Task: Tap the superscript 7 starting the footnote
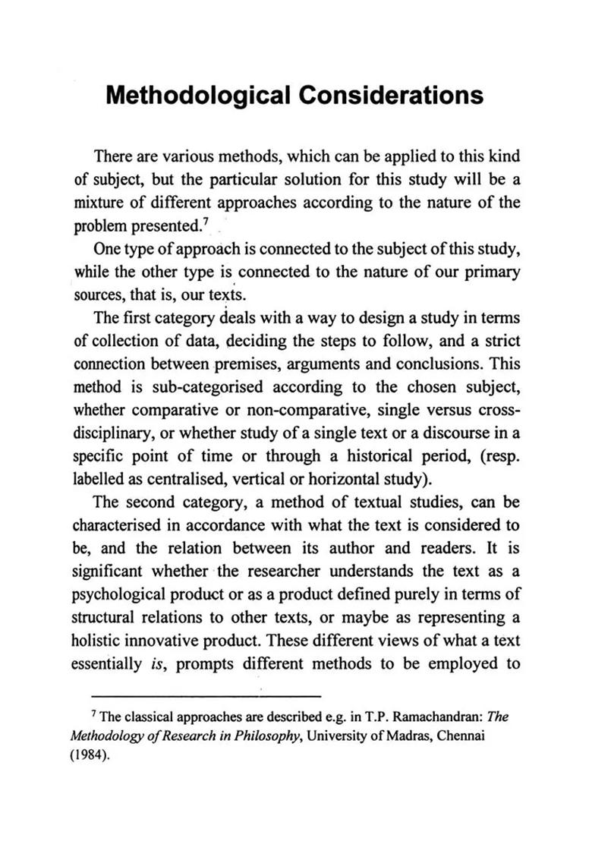tap(93, 717)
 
